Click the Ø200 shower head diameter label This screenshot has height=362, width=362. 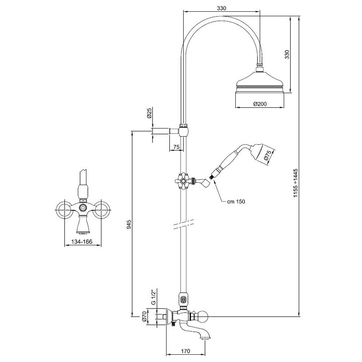coord(260,104)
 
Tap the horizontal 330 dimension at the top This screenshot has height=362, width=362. coord(221,8)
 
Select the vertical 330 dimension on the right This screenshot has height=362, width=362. coord(287,54)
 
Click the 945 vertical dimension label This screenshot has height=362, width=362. coord(129,224)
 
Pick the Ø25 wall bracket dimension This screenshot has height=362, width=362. coord(149,113)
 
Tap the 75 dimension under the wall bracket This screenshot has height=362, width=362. coord(176,147)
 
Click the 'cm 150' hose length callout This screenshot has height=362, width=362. coord(236,201)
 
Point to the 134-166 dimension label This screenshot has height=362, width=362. coord(82,242)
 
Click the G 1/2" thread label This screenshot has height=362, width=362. coord(154,298)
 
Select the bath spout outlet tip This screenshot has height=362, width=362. coord(205,338)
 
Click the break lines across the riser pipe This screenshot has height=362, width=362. coord(183,224)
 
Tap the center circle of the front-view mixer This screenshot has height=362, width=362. coord(82,208)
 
